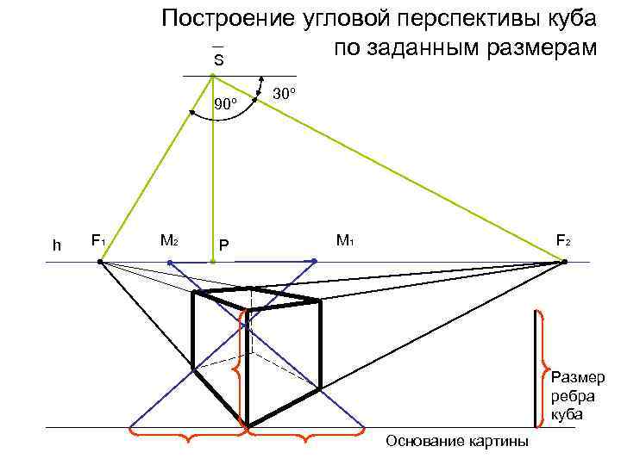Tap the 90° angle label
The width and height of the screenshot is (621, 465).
coord(226,104)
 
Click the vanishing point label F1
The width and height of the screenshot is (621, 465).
coord(98,241)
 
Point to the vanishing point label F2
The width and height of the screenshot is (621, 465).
coord(562,241)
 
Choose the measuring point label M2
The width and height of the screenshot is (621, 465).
coord(169,241)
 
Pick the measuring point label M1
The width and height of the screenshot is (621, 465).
coord(345,241)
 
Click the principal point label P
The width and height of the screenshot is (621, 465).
coord(223,246)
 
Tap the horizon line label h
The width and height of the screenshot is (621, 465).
coord(56,245)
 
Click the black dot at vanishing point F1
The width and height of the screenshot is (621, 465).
coord(100,261)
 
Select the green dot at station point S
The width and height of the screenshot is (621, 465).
coord(212,76)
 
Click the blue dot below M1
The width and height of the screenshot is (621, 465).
coord(315,261)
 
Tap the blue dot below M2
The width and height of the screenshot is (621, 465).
coord(170,262)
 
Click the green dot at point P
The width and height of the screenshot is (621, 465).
coord(212,261)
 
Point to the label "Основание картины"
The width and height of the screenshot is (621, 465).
coord(457,442)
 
